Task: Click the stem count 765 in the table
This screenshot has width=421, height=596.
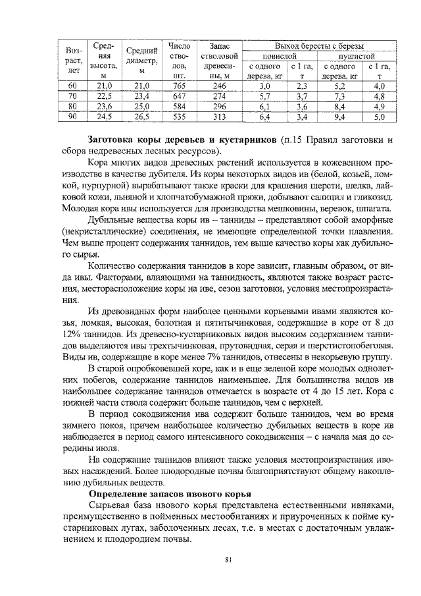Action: (179, 86)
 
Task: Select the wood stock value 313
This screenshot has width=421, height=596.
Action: (220, 118)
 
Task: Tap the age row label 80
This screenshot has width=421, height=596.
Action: (73, 107)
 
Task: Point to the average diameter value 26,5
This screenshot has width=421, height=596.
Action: (141, 118)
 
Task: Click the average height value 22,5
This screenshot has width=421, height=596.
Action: (105, 97)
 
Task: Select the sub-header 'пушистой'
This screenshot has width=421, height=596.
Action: (356, 56)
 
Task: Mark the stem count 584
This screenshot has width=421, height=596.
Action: (179, 107)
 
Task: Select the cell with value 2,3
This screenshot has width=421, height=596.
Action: (302, 86)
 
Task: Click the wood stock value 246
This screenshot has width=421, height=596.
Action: (220, 86)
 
